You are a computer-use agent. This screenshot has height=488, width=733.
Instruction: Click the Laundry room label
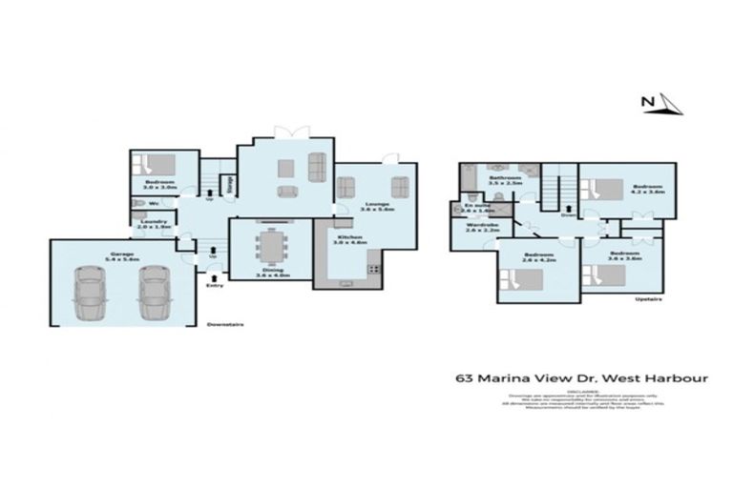pyautogui.click(x=153, y=222)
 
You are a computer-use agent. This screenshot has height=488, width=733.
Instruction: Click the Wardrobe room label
pyautogui.click(x=483, y=225)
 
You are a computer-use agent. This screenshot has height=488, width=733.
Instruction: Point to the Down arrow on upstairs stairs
pyautogui.click(x=567, y=212)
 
